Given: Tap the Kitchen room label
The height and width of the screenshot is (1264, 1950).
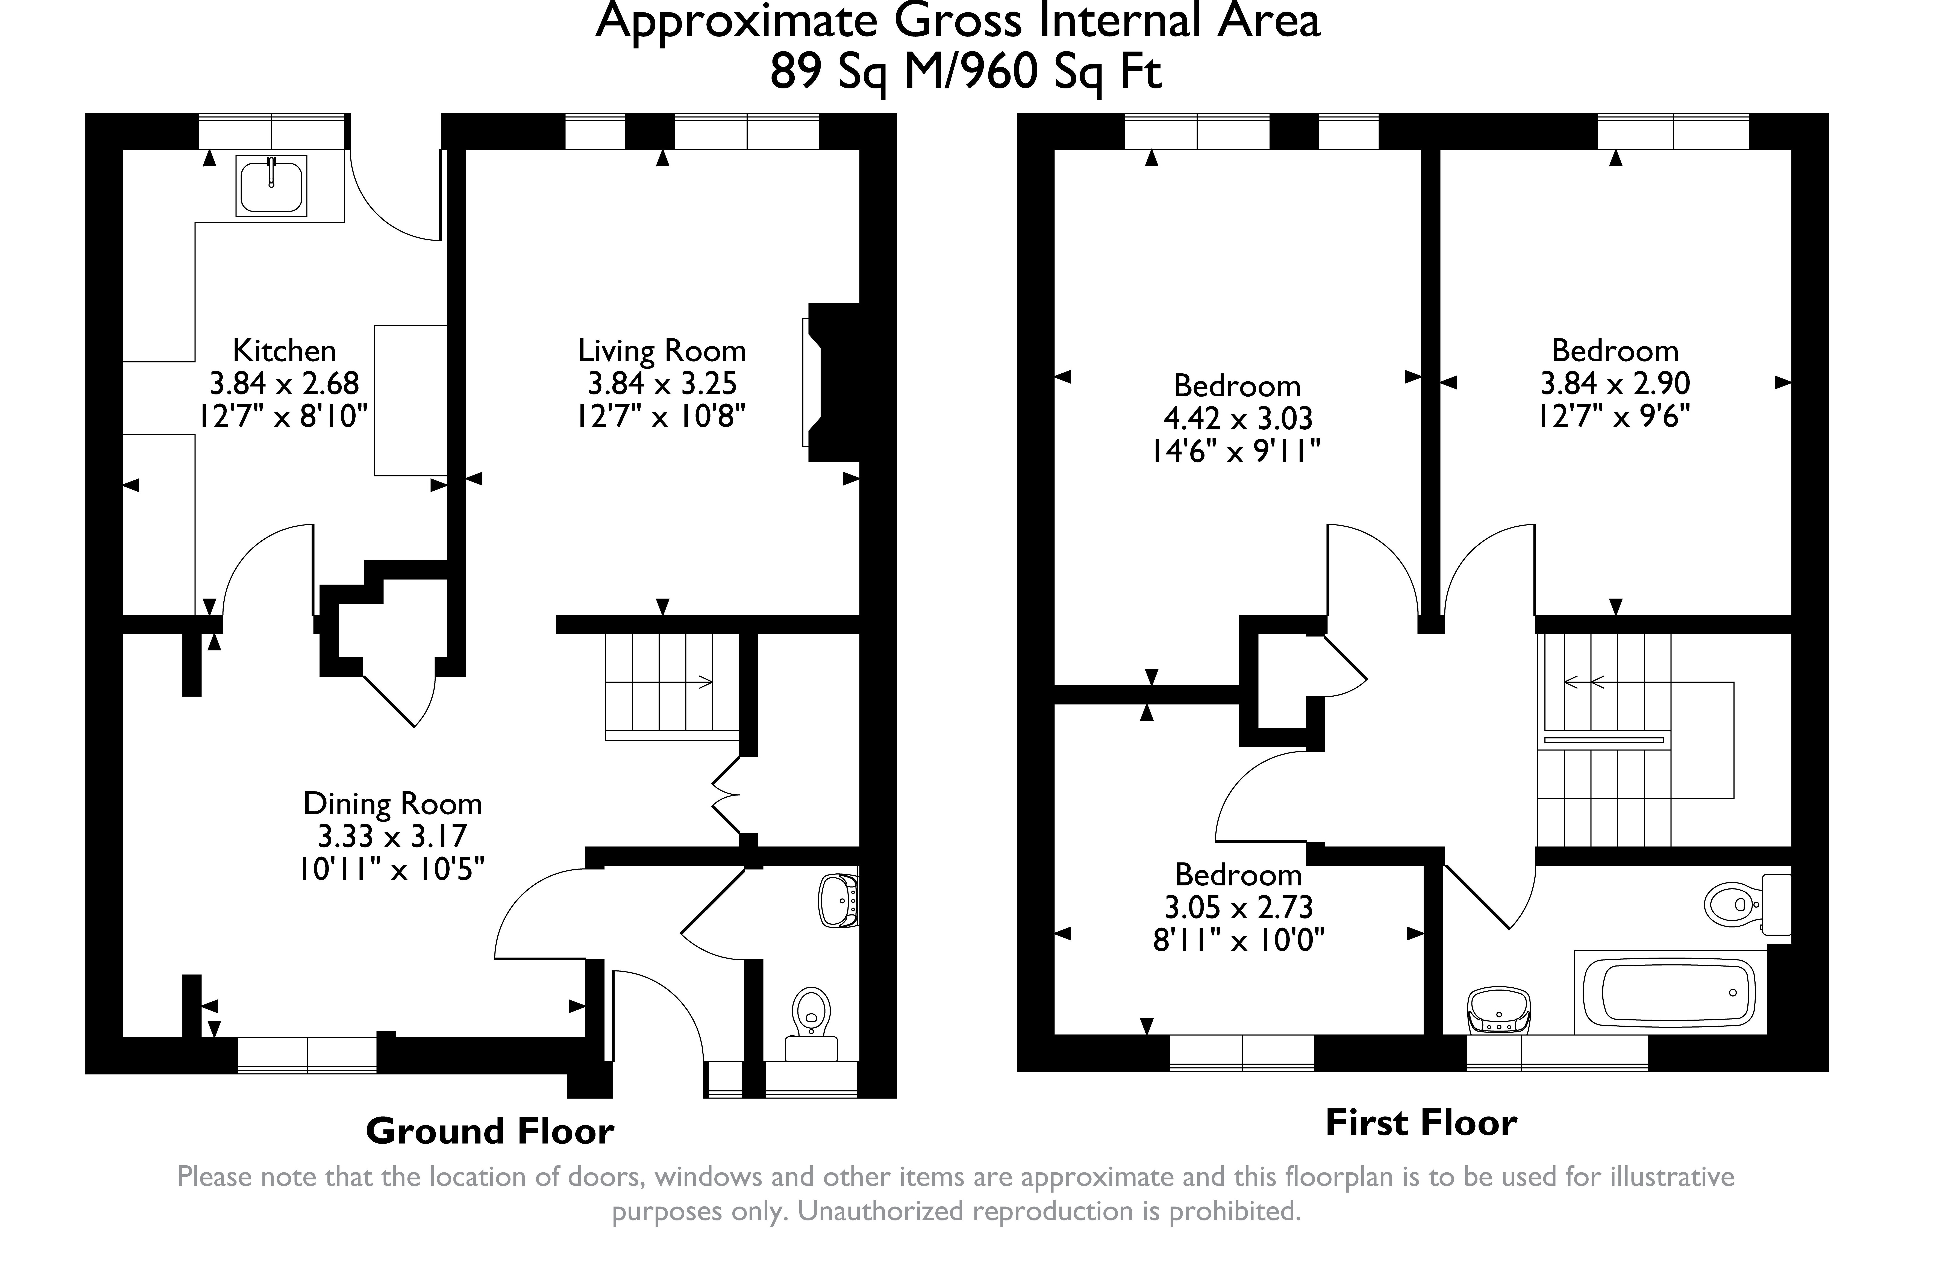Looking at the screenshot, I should click(284, 351).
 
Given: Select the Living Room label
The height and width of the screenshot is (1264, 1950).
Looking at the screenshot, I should click(662, 351).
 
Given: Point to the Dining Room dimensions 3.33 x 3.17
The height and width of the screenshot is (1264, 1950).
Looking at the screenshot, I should click(392, 836).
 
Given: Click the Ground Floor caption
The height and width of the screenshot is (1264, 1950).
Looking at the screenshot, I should click(489, 1131).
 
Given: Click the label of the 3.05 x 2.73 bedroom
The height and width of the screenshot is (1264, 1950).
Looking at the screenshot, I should click(1238, 875).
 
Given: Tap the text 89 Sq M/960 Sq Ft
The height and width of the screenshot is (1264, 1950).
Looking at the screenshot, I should click(965, 72).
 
